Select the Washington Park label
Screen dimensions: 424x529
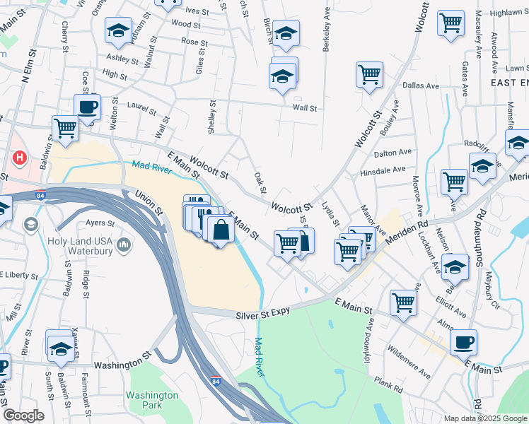[152, 400]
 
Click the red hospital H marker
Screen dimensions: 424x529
[20, 157]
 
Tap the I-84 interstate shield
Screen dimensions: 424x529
[215, 382]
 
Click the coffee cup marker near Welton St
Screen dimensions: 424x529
[88, 107]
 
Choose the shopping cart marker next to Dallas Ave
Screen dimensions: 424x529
[369, 73]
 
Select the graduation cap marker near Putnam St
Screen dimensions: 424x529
[118, 30]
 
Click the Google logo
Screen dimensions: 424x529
[23, 416]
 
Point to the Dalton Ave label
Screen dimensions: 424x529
[393, 152]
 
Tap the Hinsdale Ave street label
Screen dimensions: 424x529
[382, 170]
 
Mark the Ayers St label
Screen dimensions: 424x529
[100, 223]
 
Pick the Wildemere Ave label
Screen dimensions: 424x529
[409, 362]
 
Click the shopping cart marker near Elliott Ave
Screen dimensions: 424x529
[403, 302]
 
